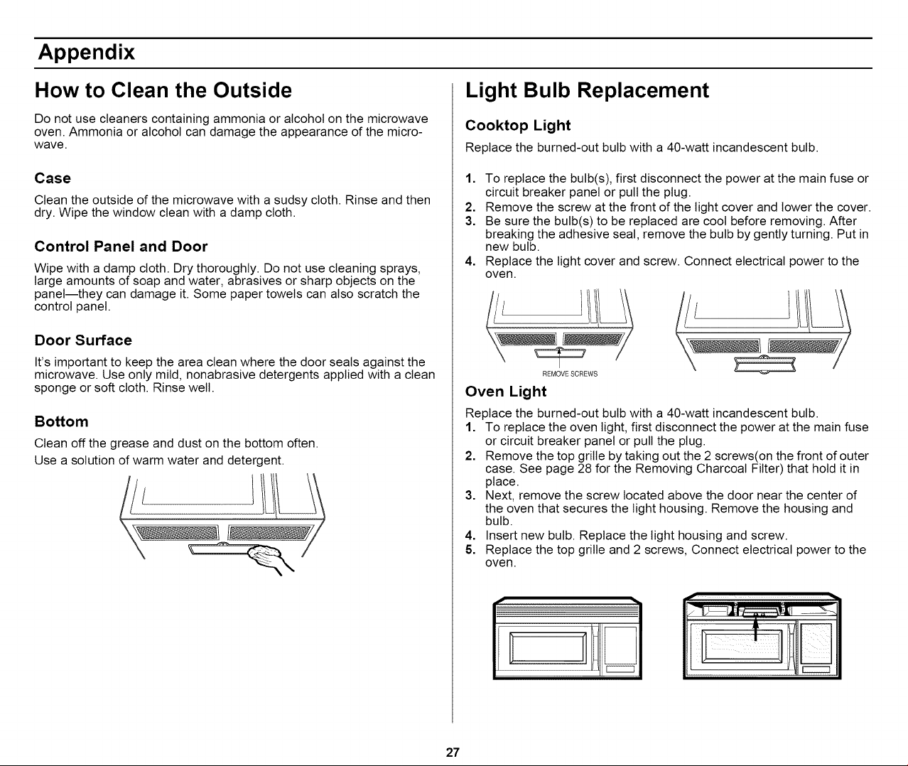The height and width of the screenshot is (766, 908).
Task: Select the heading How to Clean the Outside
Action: (163, 90)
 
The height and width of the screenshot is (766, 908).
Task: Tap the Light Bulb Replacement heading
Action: (587, 90)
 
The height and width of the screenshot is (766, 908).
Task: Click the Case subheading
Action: (53, 178)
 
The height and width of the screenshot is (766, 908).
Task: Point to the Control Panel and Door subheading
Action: (121, 247)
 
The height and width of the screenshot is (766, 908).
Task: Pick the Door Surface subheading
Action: (83, 340)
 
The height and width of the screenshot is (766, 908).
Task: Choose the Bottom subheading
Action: (61, 421)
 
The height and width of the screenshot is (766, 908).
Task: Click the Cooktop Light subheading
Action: (517, 126)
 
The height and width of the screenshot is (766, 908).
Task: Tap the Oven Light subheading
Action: (505, 392)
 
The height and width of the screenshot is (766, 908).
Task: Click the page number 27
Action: (453, 752)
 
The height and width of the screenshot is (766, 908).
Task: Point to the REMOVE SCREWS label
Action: (570, 374)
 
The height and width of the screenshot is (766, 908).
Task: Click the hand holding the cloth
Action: (269, 559)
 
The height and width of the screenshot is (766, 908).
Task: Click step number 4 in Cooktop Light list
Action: (469, 261)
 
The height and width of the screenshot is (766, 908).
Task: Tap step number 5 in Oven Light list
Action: (469, 550)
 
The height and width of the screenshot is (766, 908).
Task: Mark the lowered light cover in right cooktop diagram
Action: (764, 365)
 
